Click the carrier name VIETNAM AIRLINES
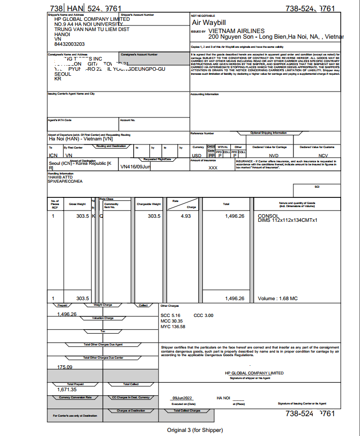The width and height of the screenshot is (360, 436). [236, 31]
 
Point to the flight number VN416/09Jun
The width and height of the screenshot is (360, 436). [135, 166]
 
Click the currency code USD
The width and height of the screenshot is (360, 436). [197, 155]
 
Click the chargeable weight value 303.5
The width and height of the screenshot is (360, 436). [154, 216]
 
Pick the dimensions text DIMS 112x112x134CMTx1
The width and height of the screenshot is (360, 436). [288, 220]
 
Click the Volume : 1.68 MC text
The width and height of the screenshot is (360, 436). [278, 299]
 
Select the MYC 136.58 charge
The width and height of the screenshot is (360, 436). [173, 327]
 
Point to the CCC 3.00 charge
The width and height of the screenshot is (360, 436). [203, 315]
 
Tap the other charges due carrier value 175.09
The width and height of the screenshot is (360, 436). [65, 367]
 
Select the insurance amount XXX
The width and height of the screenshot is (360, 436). [213, 167]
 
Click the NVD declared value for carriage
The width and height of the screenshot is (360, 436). [274, 155]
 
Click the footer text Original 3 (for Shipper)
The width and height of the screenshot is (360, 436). [195, 430]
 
